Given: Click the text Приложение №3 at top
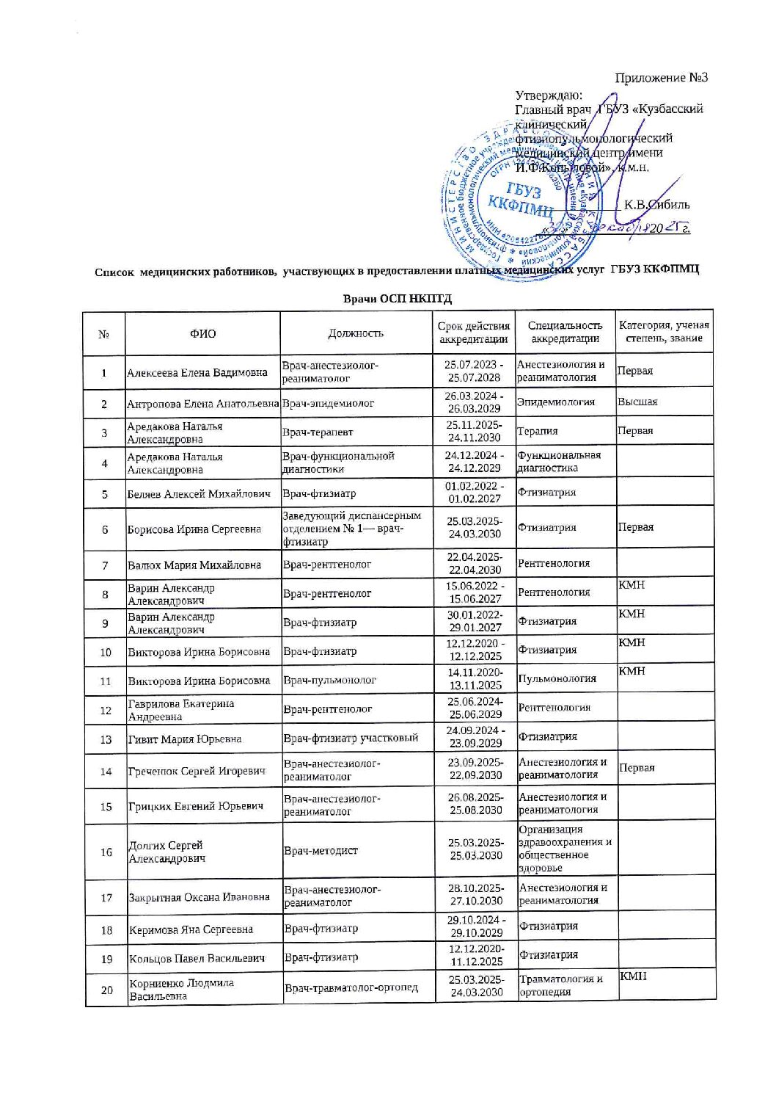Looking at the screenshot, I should (661, 77).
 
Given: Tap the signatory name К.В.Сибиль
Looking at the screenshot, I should (656, 205).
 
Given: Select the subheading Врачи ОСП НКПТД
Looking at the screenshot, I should (398, 299).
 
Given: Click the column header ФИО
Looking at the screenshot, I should (202, 334).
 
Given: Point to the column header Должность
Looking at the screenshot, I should (355, 333).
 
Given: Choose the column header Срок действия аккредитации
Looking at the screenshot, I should (473, 333).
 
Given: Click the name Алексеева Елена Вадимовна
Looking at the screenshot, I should (197, 372).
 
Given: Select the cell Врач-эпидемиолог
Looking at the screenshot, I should (328, 403).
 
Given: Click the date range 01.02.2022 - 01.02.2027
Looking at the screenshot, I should (474, 493).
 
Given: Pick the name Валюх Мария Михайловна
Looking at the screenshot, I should (194, 565).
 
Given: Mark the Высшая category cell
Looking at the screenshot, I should (637, 402).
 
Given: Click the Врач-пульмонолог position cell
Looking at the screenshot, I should (329, 680).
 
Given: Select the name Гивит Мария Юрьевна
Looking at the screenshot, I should (185, 739).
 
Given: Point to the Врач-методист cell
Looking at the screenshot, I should (321, 851).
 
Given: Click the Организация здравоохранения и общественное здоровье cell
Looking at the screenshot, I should (565, 849).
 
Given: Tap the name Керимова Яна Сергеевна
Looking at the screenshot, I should (191, 930).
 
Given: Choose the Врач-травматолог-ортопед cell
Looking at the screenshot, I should (351, 988).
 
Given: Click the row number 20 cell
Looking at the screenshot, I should (106, 990).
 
